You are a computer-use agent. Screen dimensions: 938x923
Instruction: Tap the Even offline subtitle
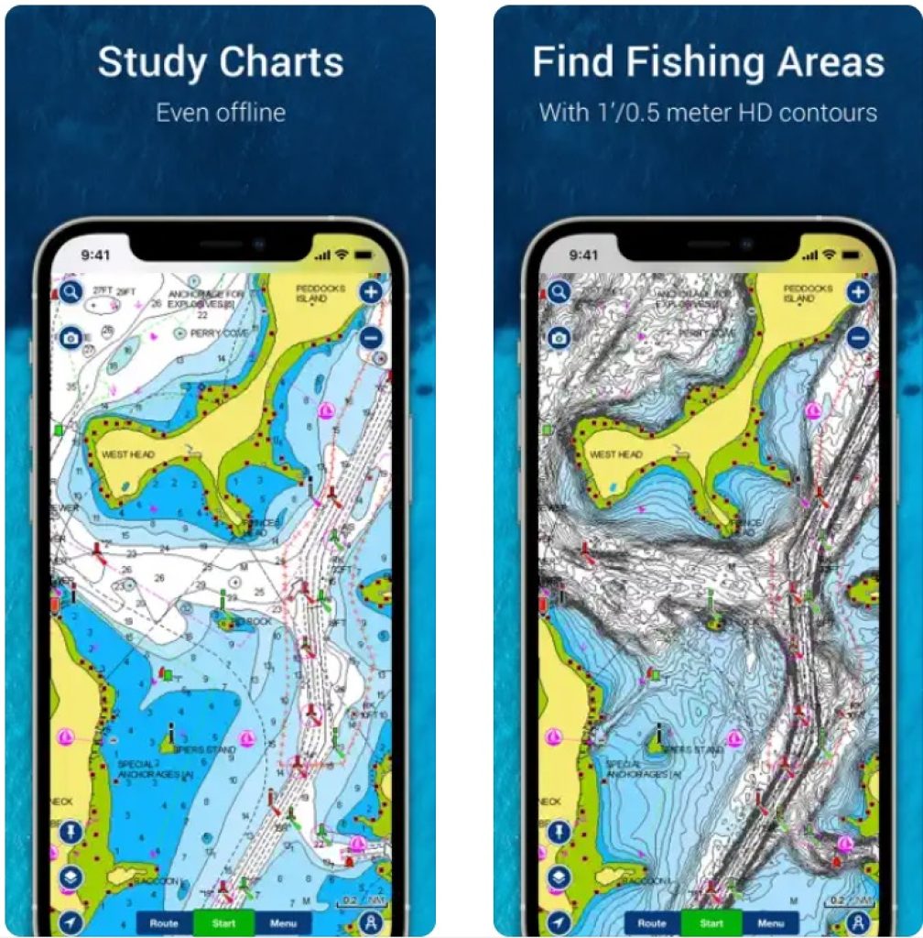[221, 113]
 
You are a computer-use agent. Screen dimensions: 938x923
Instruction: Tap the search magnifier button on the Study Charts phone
[71, 293]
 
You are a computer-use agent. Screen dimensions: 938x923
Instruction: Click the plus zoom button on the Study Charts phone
[371, 293]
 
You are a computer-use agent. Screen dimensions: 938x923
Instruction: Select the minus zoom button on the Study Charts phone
[371, 337]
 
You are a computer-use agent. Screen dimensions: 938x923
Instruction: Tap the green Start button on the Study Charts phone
[224, 922]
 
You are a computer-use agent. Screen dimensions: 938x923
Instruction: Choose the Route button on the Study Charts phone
[164, 922]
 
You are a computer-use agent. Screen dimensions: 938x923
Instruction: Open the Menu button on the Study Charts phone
[284, 922]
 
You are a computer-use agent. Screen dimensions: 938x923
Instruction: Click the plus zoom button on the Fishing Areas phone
[858, 293]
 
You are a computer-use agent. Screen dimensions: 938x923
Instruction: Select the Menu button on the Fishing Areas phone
[771, 922]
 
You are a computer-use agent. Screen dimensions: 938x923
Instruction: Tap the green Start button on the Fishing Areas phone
[711, 922]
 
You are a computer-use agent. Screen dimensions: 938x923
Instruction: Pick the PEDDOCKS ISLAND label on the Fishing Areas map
[807, 293]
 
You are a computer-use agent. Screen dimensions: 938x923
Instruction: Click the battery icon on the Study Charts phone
[370, 254]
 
